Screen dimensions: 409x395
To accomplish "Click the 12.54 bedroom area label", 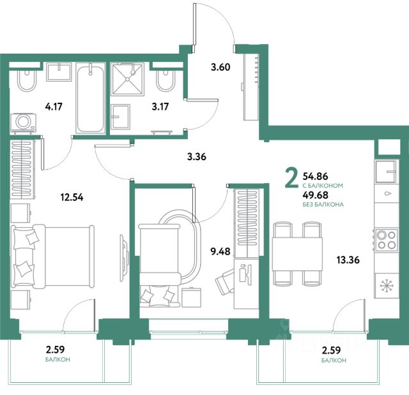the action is (72, 197).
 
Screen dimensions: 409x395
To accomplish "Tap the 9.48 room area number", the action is (220, 251).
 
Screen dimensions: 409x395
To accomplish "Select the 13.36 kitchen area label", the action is (348, 260).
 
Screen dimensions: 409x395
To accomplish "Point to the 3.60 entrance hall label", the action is (220, 67).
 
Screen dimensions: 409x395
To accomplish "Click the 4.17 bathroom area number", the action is (54, 107).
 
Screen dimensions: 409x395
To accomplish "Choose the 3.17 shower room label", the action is (160, 107).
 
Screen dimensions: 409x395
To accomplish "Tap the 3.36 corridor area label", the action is (197, 156).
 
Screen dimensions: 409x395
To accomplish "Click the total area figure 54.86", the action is (315, 176).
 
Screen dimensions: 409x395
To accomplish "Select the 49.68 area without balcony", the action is (315, 195).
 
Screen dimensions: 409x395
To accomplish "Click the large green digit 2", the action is (291, 178).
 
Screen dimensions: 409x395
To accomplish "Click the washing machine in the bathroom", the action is (23, 123).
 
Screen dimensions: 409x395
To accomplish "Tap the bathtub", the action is (91, 98).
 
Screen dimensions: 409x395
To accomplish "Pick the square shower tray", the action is (127, 79).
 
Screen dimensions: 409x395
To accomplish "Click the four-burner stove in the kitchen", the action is (387, 240).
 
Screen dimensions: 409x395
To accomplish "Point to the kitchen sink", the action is (387, 171).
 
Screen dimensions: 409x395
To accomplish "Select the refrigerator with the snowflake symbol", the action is (387, 286).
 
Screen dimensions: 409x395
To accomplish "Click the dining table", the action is (297, 254).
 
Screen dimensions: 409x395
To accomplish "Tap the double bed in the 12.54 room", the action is (52, 257).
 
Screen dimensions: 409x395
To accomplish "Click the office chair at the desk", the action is (225, 282).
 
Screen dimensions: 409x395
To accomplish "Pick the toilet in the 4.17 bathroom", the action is (26, 80).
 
